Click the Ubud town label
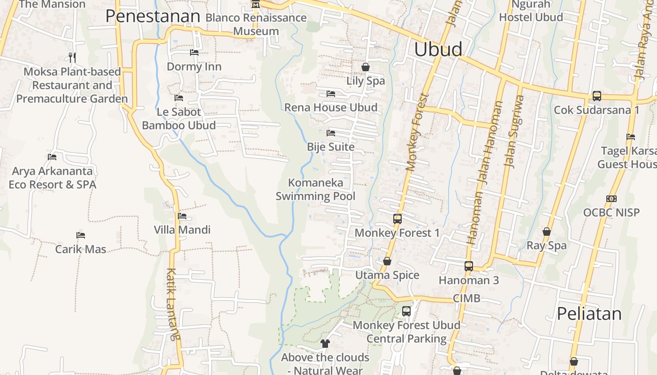[438, 49]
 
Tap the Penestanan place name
[153, 16]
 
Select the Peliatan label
[589, 314]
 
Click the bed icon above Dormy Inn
[194, 52]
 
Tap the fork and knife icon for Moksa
[72, 57]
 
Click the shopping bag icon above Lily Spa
[366, 67]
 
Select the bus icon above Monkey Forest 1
[397, 218]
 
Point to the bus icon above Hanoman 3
[468, 266]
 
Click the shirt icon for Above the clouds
[325, 344]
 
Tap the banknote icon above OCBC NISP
[611, 199]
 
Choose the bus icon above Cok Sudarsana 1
[596, 96]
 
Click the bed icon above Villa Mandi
[182, 216]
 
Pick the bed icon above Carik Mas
[81, 235]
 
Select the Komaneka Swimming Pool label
[315, 189]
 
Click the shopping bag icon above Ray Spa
[546, 232]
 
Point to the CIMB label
[466, 298]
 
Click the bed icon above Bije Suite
[331, 133]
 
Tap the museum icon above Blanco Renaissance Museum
[256, 5]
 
